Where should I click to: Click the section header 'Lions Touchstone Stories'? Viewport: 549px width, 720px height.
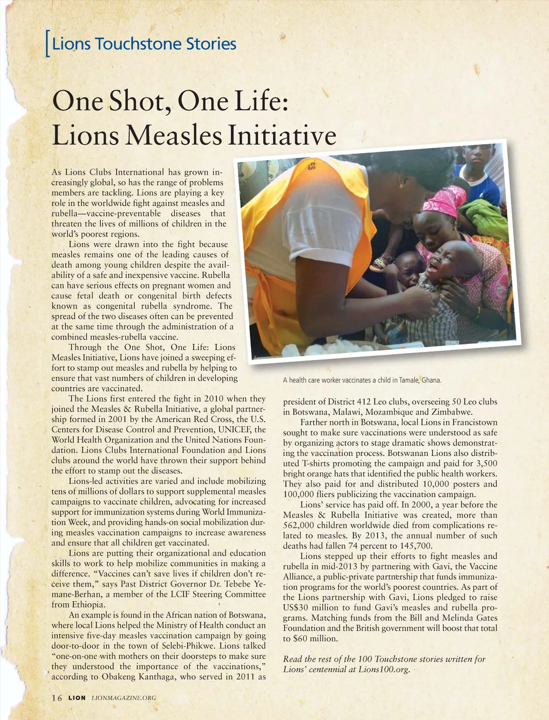click(x=144, y=43)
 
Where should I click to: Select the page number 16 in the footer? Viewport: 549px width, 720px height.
click(x=57, y=697)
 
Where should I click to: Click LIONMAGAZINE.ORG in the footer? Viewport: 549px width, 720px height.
click(x=124, y=697)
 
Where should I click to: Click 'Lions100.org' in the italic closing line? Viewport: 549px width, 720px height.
click(x=384, y=669)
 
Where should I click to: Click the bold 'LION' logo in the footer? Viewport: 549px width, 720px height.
click(x=77, y=697)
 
